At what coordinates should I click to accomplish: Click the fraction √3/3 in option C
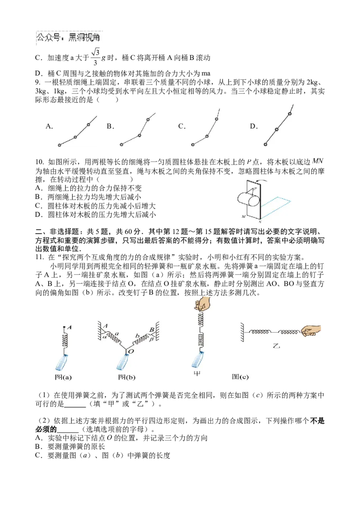[95, 57]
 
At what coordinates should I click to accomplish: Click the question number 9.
[38, 82]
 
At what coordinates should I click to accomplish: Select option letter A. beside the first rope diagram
[49, 126]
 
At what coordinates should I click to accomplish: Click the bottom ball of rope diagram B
[121, 145]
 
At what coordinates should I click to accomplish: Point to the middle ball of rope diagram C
[207, 136]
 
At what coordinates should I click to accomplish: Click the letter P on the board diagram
[255, 189]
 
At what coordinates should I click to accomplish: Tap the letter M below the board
[243, 216]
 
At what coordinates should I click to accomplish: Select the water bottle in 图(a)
[62, 362]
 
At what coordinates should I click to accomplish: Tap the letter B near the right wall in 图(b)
[152, 329]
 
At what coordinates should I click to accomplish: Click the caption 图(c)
[240, 377]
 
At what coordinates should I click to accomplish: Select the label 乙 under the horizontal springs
[276, 346]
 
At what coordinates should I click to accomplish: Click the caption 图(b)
[127, 377]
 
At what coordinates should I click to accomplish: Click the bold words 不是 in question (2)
[317, 421]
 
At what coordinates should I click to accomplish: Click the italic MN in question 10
[318, 161]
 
